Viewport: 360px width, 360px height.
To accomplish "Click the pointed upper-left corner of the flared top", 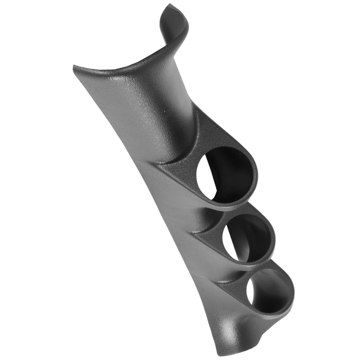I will [x=76, y=67].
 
